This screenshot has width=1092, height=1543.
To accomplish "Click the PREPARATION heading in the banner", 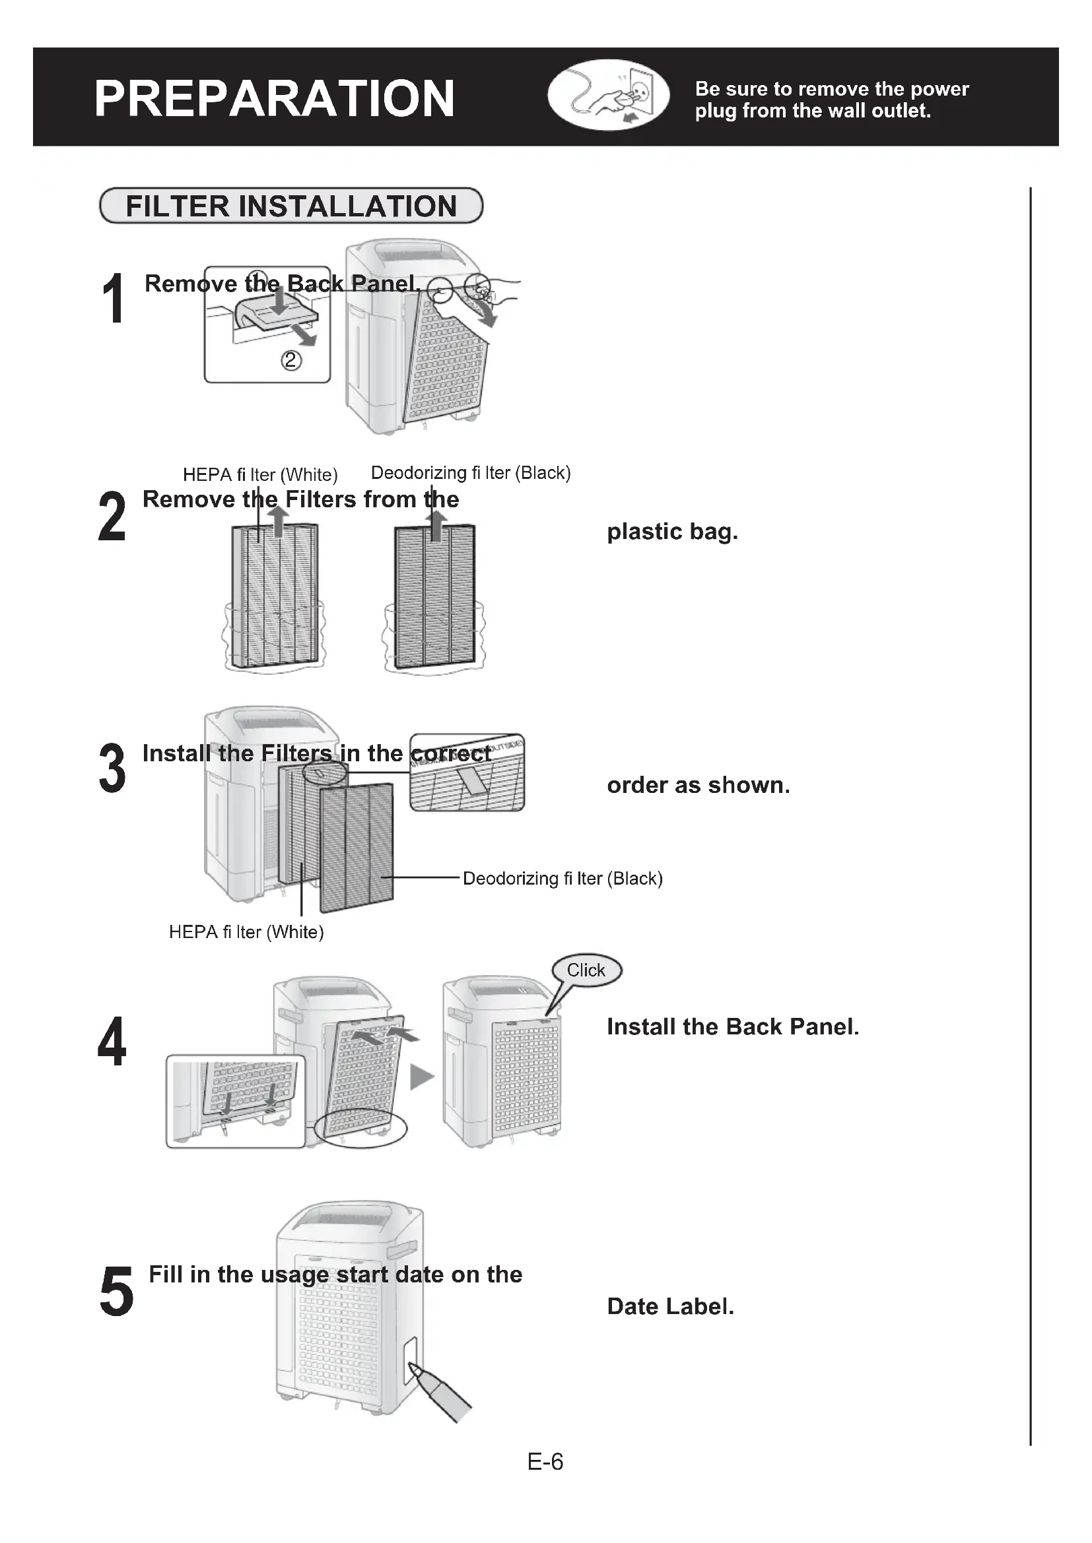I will pos(275,98).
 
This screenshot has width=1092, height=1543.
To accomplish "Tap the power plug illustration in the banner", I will pos(608,95).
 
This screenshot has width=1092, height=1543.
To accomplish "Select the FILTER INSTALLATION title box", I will pos(291,206).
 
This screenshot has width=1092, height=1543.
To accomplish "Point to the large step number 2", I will pos(112,516).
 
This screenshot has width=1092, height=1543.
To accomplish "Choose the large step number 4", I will pos(112,1042).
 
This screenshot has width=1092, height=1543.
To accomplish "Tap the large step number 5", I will pos(116,1291).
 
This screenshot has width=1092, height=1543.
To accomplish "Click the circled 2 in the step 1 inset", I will pos(290,361).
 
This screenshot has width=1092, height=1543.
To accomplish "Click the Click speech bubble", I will pos(586,970).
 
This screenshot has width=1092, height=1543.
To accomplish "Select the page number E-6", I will pos(545,1462).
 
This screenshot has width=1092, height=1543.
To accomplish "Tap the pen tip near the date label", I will pos(415,1369).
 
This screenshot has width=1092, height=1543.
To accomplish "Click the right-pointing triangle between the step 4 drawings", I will pos(422,1077).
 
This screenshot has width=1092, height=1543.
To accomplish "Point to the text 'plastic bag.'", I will pos(672,532).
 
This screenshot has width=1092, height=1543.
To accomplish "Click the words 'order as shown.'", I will pos(698,785).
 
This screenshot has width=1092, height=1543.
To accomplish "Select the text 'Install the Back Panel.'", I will pos(733,1027).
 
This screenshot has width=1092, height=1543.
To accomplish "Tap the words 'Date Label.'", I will pos(670,1306).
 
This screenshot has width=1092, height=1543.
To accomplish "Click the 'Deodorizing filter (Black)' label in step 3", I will pos(563,878).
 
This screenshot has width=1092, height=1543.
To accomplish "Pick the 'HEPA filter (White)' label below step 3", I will pos(246,932).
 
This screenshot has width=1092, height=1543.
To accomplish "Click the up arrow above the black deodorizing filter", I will pos(437,526).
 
